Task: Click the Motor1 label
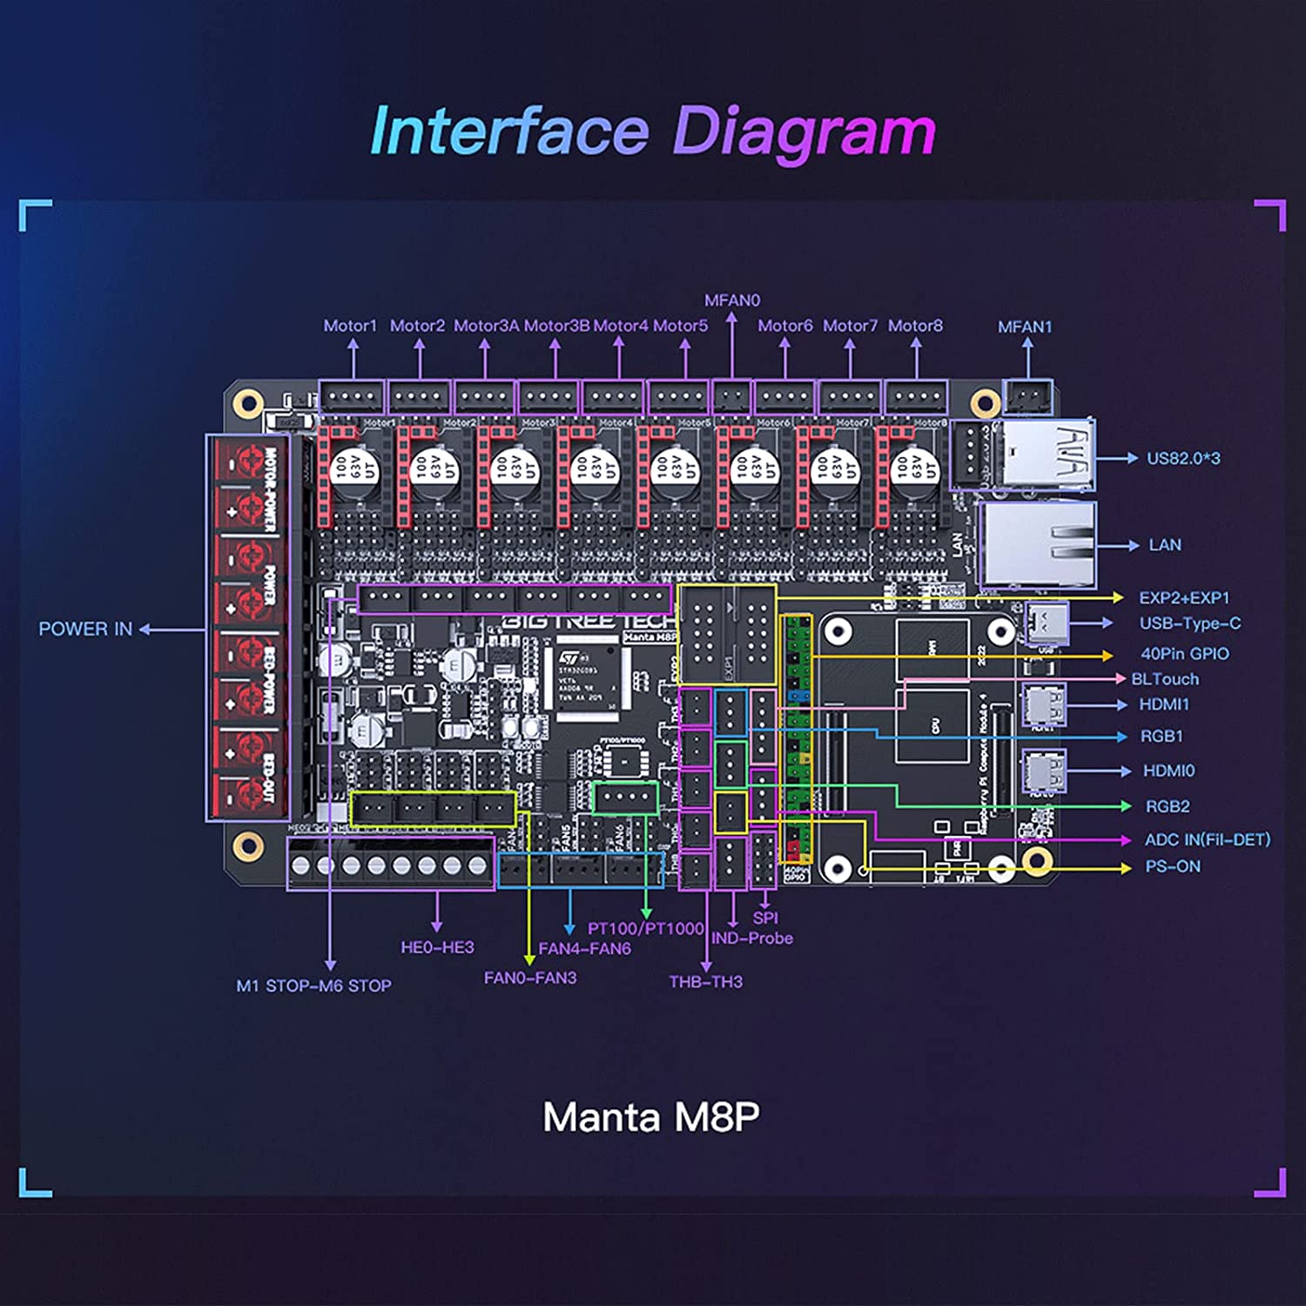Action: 350,326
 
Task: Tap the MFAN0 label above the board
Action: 732,300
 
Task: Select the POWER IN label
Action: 85,629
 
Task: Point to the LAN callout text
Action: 1165,545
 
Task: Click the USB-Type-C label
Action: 1190,623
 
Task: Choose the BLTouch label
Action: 1165,679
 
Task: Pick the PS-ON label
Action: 1173,867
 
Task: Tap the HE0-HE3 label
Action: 437,947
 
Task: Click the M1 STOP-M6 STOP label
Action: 313,986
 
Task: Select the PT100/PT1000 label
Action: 645,929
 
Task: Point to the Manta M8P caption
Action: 651,1117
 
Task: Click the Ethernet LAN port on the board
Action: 1036,543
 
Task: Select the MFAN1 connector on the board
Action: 1027,397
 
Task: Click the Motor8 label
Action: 915,326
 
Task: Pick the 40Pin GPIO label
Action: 1185,654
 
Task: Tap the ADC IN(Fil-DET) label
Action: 1208,840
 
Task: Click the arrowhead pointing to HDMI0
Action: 1126,771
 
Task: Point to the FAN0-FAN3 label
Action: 530,979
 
